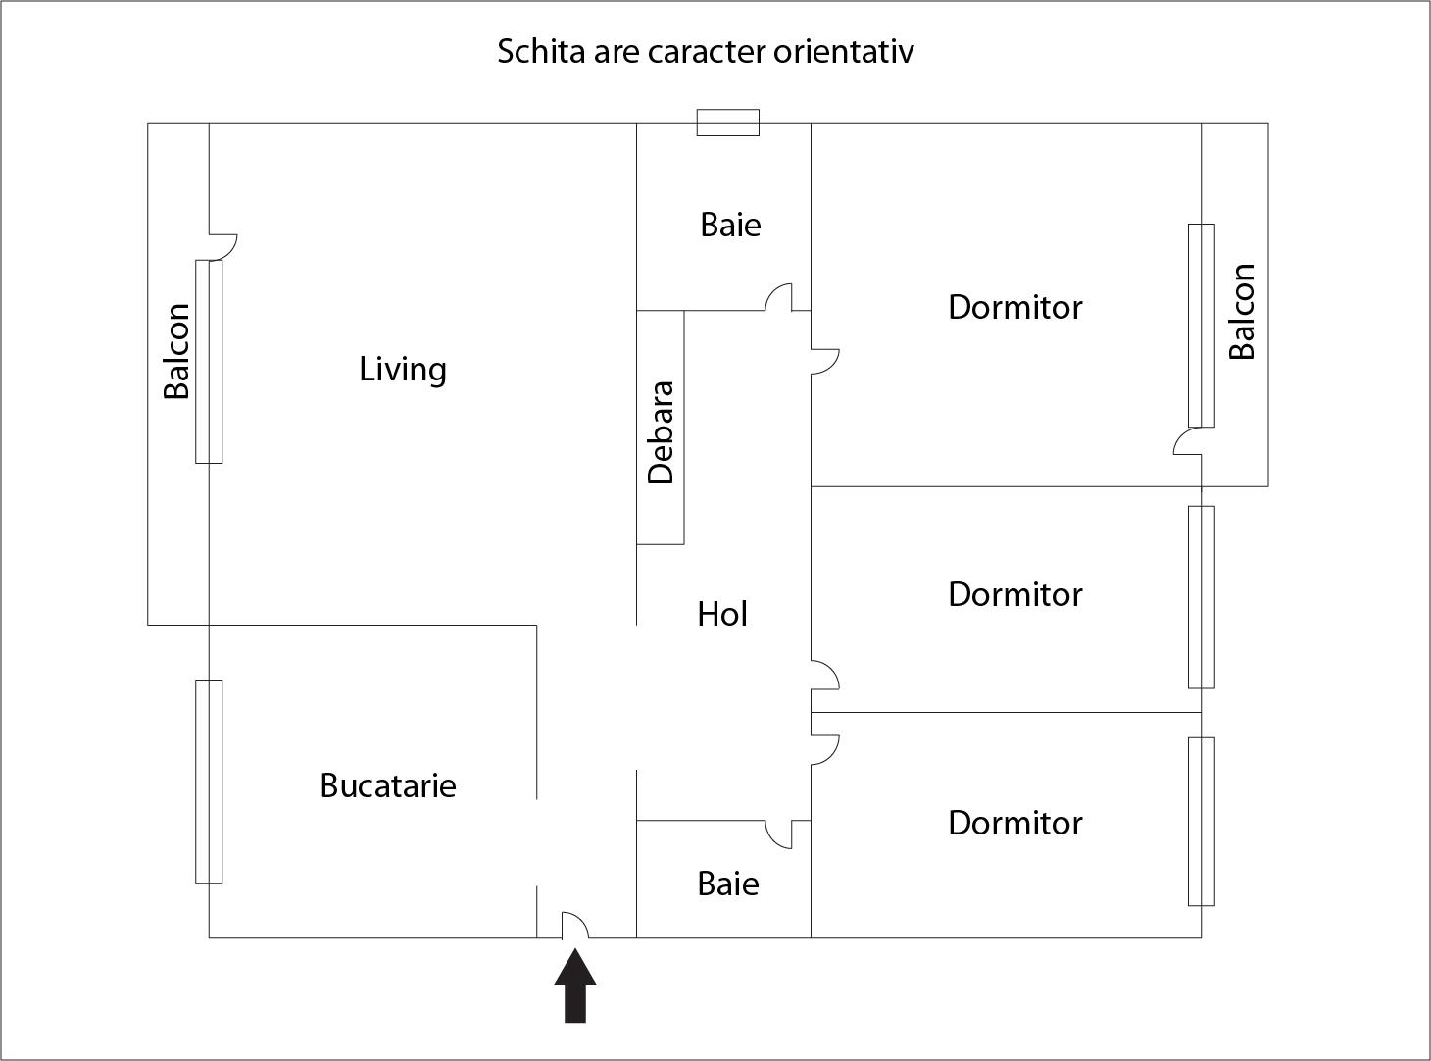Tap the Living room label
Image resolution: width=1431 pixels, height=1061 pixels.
pyautogui.click(x=403, y=370)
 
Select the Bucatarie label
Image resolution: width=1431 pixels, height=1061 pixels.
pyautogui.click(x=388, y=785)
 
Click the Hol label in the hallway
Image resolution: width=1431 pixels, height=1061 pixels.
pyautogui.click(x=722, y=614)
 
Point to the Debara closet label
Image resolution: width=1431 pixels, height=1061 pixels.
pyautogui.click(x=662, y=432)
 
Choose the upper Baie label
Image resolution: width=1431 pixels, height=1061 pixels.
pyautogui.click(x=730, y=225)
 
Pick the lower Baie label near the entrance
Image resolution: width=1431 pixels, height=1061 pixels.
pyautogui.click(x=728, y=884)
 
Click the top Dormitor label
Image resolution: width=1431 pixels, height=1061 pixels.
pyautogui.click(x=1014, y=307)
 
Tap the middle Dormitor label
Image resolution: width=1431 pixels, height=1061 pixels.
pyautogui.click(x=1014, y=594)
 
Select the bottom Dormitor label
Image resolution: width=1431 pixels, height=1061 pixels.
pyautogui.click(x=1014, y=823)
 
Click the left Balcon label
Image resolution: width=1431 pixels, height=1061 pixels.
pyautogui.click(x=176, y=351)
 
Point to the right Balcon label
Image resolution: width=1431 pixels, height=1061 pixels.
pyautogui.click(x=1242, y=312)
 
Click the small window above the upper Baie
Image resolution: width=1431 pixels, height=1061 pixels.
pyautogui.click(x=727, y=123)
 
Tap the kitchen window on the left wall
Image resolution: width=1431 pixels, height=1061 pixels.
pyautogui.click(x=209, y=781)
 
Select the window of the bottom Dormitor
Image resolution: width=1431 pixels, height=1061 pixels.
pyautogui.click(x=1201, y=821)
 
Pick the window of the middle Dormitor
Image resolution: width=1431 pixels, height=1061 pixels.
pyautogui.click(x=1201, y=596)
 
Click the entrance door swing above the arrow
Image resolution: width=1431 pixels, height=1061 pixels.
pyautogui.click(x=574, y=926)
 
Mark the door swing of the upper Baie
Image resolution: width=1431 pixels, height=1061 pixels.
pyautogui.click(x=779, y=297)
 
